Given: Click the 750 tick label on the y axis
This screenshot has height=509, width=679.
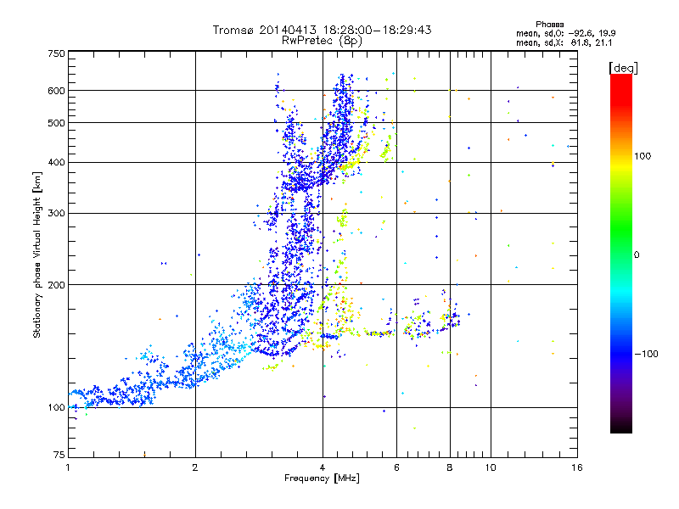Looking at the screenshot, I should (x=56, y=53).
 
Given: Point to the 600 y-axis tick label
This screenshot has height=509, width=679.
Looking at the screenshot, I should (x=56, y=90).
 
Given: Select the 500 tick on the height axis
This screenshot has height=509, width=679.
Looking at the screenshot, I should (x=56, y=122).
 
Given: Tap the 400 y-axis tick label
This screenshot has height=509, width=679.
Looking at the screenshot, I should (x=56, y=162).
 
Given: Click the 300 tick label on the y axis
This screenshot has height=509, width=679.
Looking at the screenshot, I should (x=56, y=213).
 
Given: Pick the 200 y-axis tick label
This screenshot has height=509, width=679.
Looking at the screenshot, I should (x=56, y=284).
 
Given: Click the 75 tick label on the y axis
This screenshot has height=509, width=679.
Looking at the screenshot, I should (x=59, y=455).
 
